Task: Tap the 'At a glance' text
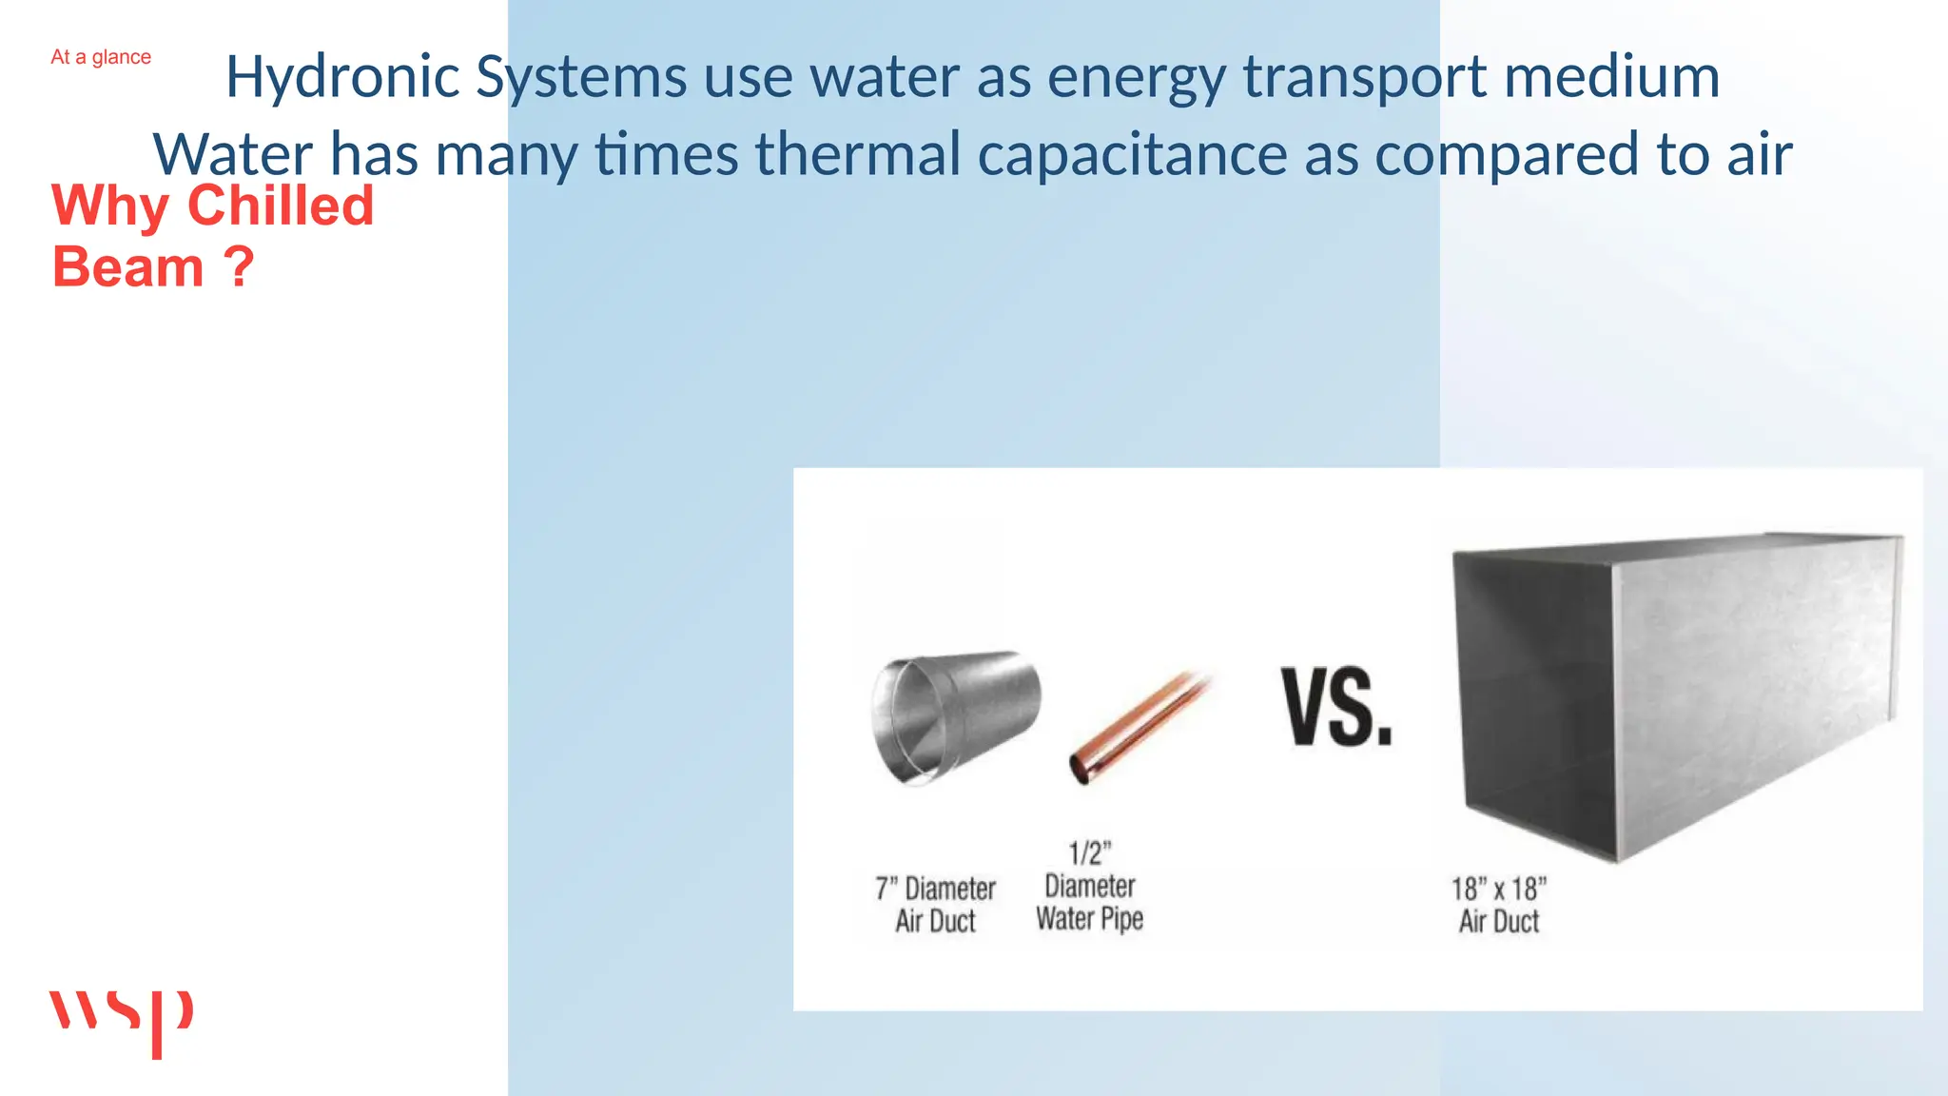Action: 101,57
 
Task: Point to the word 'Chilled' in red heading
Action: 281,205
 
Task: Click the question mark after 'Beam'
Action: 240,267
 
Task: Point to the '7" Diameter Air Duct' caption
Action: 935,905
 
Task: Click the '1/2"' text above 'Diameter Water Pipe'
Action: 1090,852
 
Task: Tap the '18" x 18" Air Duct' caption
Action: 1499,905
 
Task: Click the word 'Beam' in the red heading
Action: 128,267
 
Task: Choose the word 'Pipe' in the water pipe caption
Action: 1122,919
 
